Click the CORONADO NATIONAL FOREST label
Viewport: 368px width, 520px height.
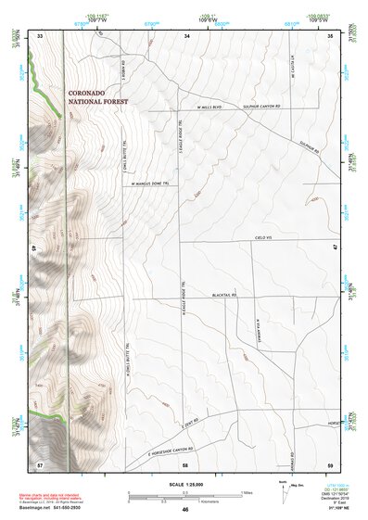(x=99, y=96)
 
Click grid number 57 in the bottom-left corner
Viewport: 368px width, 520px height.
(x=40, y=462)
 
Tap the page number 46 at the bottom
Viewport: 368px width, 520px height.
(x=185, y=510)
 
